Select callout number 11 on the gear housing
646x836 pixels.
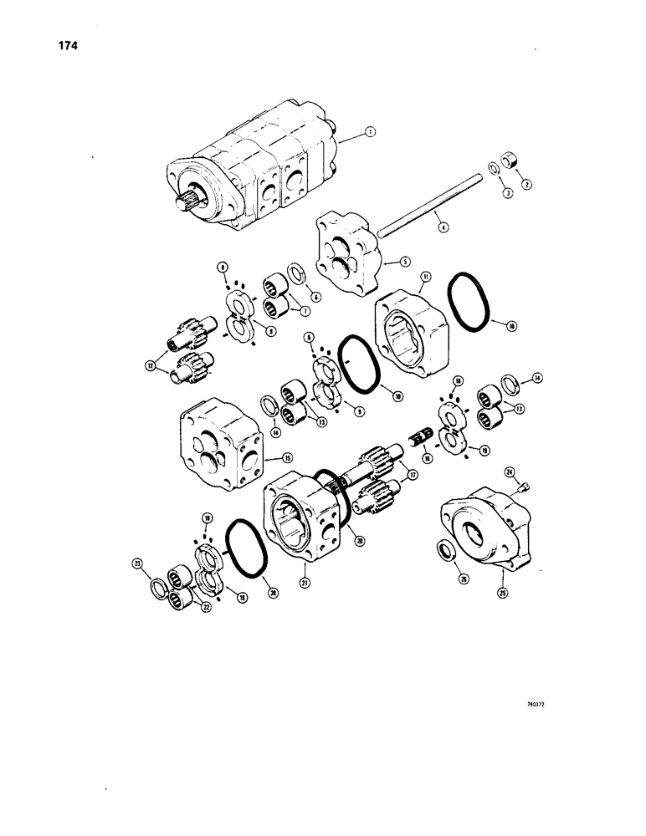[425, 276]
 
